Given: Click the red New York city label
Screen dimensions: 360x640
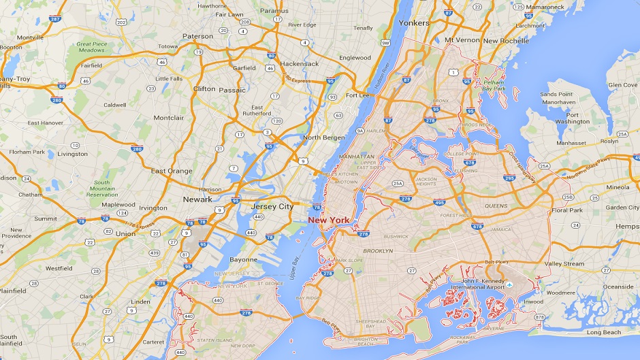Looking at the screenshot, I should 329,220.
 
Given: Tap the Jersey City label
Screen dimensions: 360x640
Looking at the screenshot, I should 272,206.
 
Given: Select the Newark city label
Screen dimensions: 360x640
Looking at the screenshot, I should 198,199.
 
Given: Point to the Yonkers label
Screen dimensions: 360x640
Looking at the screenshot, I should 414,22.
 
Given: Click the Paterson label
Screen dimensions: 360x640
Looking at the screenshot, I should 197,36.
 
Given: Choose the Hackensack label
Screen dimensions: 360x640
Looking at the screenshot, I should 300,63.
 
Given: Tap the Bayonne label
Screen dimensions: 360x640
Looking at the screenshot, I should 243,259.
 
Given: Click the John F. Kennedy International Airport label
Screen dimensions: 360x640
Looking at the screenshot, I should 483,284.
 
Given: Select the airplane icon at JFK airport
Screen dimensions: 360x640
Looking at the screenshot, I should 509,284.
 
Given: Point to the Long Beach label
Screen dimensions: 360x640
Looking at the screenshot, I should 604,332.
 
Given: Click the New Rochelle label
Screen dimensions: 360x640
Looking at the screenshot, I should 506,41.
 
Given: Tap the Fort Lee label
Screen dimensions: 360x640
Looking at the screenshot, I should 357,95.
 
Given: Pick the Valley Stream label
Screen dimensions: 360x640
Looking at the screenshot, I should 564,264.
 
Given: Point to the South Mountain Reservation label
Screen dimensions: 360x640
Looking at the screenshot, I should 101,189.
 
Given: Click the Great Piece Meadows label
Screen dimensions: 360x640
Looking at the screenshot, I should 92,47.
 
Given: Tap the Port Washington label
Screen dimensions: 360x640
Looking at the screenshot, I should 571,118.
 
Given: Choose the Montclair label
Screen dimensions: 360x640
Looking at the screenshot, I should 168,117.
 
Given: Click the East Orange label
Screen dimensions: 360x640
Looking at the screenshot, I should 172,171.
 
